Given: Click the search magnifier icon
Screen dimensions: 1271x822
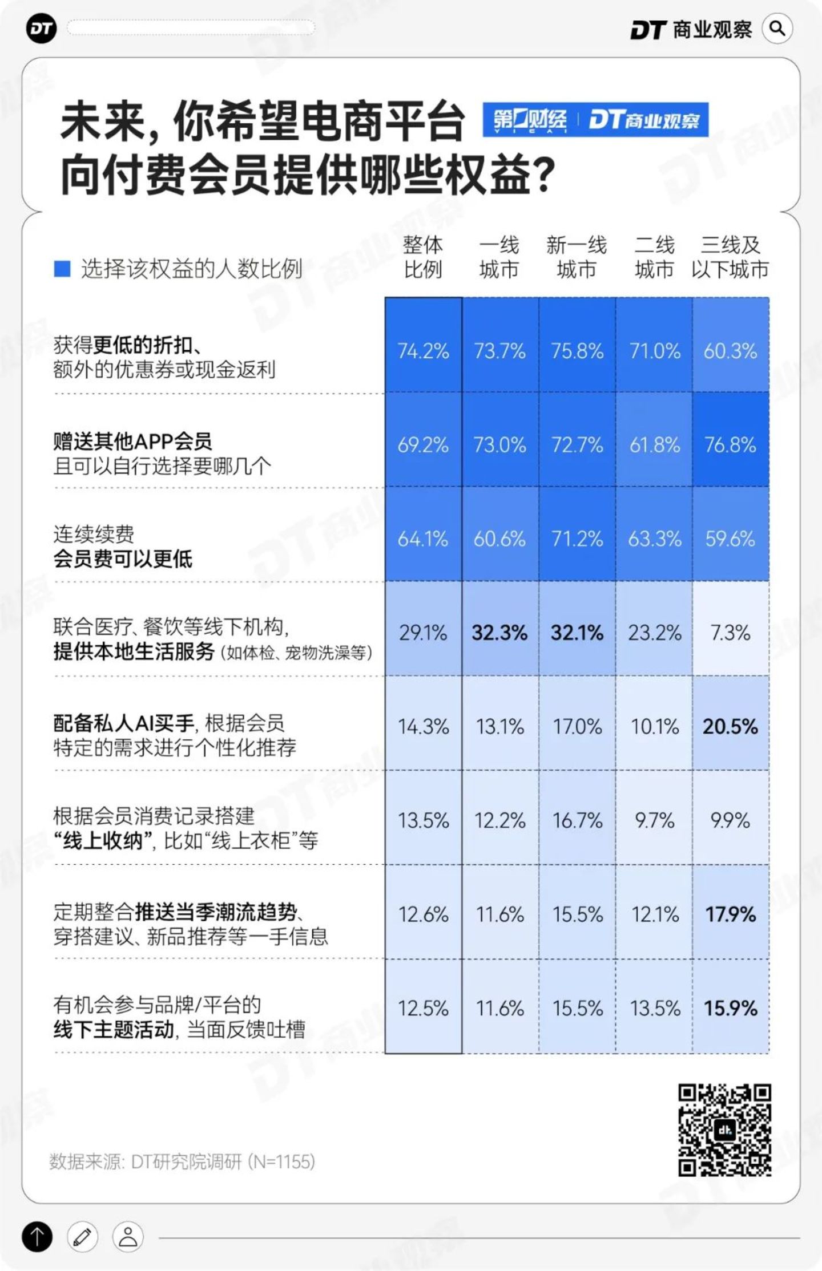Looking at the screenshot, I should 777,29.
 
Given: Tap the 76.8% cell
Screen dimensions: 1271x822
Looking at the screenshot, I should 730,444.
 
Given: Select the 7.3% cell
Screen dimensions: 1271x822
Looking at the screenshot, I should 730,632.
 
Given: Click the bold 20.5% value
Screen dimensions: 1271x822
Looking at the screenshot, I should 730,726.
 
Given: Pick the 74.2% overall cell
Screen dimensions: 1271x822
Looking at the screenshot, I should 423,351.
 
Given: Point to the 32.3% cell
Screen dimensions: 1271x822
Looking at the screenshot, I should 499,632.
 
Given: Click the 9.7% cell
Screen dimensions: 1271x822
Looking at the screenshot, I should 654,820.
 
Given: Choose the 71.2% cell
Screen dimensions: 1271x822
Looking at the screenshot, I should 577,539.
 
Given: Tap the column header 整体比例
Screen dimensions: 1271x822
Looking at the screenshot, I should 423,257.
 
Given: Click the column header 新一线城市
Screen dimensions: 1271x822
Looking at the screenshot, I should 577,257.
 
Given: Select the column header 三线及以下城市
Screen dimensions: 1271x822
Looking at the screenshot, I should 730,257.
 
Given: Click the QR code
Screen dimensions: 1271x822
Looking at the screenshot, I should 724,1130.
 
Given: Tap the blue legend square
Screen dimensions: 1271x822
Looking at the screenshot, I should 62,269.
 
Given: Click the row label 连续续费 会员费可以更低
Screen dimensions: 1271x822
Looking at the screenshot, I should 123,547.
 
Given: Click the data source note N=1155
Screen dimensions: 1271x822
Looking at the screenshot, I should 182,1161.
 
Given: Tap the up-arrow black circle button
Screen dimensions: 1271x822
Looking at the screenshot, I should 37,1237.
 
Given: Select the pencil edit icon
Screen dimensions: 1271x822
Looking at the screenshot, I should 82,1237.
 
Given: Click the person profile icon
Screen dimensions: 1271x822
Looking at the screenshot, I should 128,1237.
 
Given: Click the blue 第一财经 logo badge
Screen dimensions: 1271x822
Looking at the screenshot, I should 530,120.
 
